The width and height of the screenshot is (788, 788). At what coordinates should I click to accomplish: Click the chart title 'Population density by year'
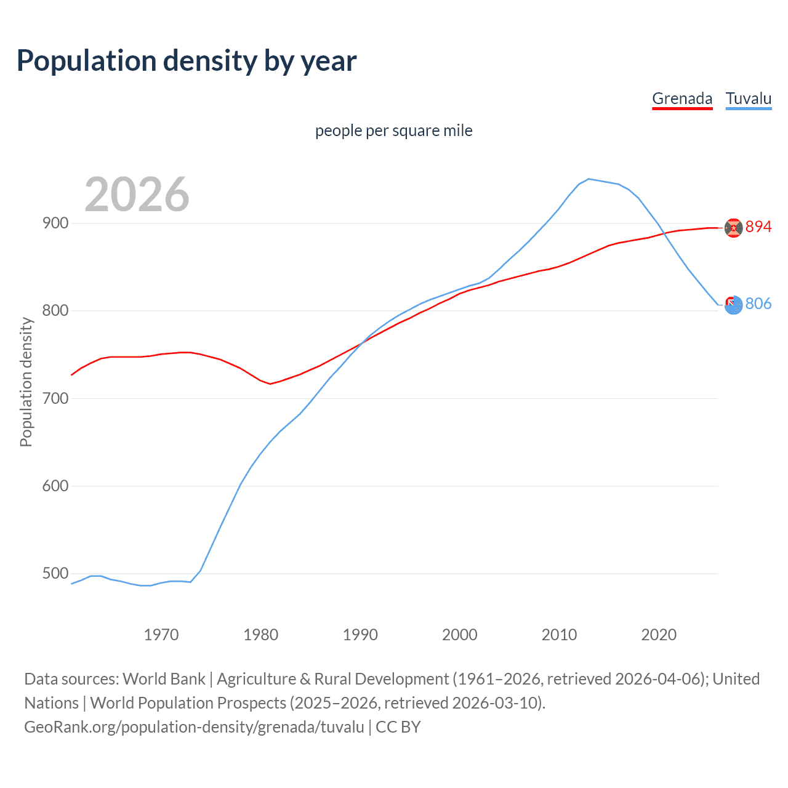187,61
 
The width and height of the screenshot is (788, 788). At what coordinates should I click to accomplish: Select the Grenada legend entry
681,98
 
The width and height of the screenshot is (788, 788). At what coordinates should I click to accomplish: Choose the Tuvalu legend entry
748,98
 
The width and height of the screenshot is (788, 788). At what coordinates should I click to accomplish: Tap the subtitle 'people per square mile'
393,131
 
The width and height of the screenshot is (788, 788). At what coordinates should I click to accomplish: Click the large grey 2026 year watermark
137,195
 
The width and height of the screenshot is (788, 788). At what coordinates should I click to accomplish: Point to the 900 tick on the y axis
55,223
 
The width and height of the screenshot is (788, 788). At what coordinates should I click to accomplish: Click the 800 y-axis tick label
55,311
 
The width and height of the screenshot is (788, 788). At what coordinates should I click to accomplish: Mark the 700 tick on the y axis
55,398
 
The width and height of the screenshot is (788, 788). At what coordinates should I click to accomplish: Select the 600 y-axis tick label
55,486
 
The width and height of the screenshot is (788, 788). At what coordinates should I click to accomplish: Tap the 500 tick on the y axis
55,574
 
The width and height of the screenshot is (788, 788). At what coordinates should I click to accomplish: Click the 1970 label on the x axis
161,635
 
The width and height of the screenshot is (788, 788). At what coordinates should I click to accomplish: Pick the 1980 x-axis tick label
260,635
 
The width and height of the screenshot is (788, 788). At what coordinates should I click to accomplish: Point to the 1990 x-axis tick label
360,635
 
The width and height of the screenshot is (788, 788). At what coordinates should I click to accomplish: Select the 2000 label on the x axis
459,635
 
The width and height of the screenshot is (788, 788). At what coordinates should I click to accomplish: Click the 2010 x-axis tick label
559,635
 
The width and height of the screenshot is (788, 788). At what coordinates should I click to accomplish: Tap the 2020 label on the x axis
659,635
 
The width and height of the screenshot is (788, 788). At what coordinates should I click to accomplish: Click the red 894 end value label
758,227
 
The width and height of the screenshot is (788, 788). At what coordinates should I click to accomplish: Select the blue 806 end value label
758,304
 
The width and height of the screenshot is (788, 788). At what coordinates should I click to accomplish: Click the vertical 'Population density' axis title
26,382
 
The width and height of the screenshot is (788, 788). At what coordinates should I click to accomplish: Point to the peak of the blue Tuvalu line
589,179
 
